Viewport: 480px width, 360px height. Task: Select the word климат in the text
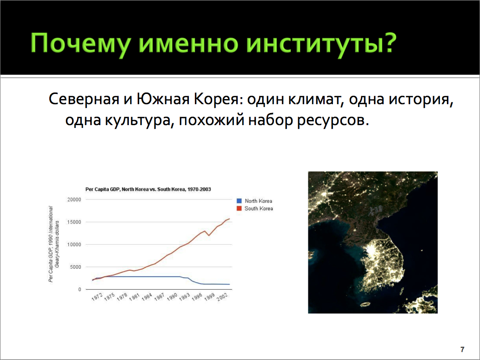pyautogui.click(x=316, y=99)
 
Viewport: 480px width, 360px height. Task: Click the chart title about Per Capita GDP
pyautogui.click(x=148, y=189)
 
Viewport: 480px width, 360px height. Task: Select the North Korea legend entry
pyautogui.click(x=254, y=201)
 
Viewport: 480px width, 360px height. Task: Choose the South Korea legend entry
pyautogui.click(x=255, y=208)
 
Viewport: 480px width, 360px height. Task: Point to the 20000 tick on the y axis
pyautogui.click(x=74, y=200)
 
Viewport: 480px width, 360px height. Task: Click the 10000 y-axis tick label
pyautogui.click(x=74, y=245)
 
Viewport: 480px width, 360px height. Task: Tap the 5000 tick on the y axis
pyautogui.click(x=76, y=267)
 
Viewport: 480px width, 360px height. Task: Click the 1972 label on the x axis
pyautogui.click(x=97, y=297)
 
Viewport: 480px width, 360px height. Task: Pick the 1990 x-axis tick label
pyautogui.click(x=173, y=297)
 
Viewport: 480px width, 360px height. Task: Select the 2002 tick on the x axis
pyautogui.click(x=222, y=297)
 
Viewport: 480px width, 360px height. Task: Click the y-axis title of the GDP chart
pyautogui.click(x=54, y=244)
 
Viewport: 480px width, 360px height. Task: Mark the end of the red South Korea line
pyautogui.click(x=230, y=219)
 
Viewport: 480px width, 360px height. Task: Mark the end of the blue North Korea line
pyautogui.click(x=230, y=284)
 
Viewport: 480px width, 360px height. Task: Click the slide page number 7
pyautogui.click(x=462, y=349)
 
